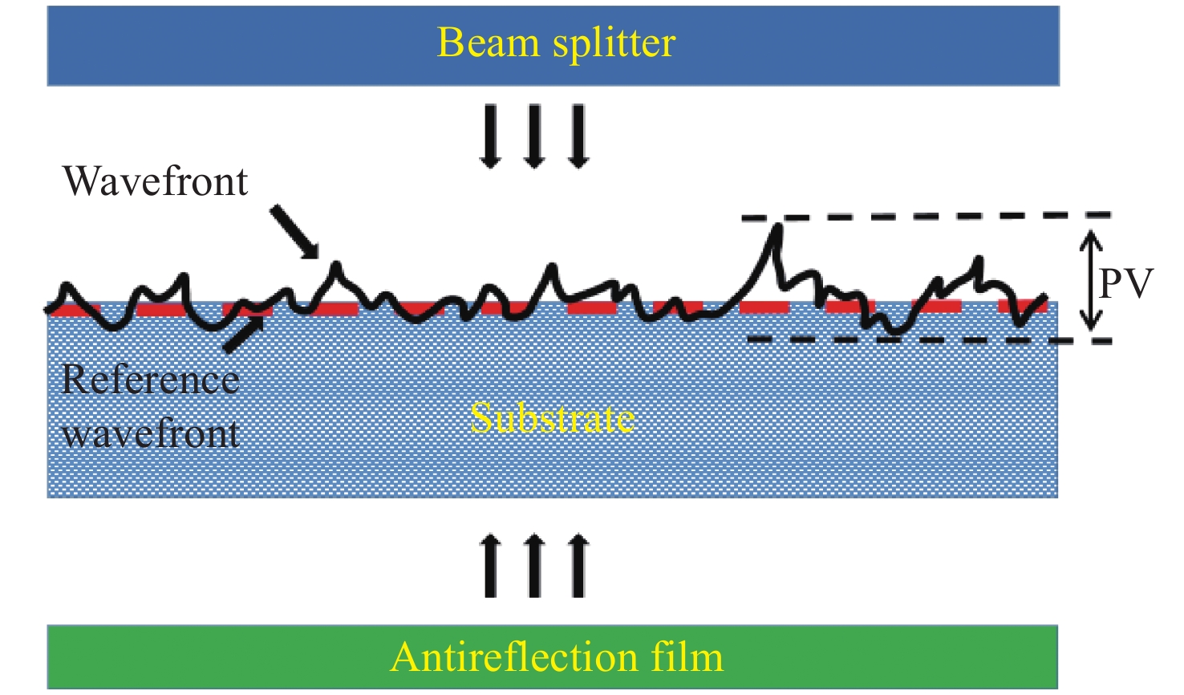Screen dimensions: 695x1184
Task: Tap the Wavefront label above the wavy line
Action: [156, 181]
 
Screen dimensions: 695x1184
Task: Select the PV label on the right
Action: [1125, 283]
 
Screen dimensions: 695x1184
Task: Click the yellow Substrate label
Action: [553, 418]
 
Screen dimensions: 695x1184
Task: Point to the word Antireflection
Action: [513, 657]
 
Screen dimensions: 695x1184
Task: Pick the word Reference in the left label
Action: [151, 380]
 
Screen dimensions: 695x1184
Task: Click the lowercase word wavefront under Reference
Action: [151, 434]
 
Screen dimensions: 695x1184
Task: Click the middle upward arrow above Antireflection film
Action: [534, 567]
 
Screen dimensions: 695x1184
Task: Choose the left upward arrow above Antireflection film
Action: [491, 567]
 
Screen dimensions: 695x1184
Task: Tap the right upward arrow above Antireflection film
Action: [578, 567]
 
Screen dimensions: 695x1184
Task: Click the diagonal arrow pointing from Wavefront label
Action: [294, 232]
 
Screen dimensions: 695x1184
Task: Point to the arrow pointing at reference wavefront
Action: [243, 334]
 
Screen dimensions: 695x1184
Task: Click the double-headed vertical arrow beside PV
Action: [1089, 280]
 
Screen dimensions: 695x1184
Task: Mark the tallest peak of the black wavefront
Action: [776, 228]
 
